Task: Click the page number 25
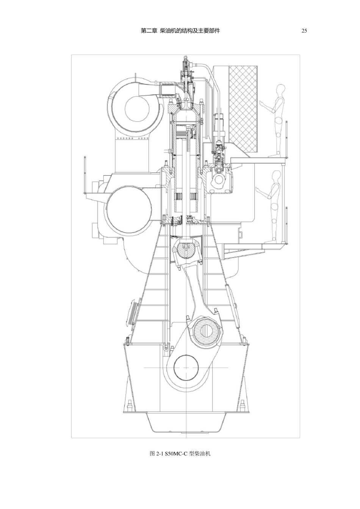pos(304,31)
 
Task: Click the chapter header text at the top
pos(180,31)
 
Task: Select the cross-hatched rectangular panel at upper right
pos(243,109)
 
